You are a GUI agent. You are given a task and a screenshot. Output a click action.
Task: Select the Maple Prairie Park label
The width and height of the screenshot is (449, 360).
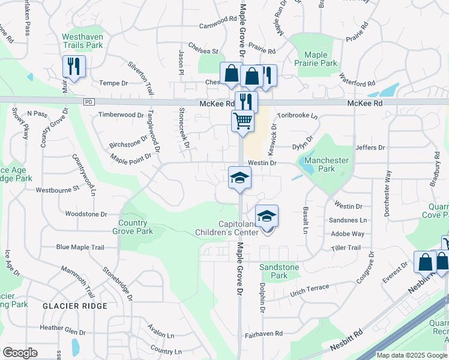[316, 59]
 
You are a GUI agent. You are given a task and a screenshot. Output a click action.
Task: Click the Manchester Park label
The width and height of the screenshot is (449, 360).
[327, 164]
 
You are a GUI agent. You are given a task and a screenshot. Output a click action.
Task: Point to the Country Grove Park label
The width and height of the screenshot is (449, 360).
[133, 227]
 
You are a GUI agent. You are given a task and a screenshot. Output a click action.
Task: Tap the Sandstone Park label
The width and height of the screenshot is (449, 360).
[273, 271]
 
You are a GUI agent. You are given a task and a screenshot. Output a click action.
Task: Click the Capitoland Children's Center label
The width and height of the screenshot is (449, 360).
[229, 228]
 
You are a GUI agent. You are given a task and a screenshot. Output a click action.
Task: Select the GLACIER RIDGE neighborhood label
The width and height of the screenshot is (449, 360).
[75, 306]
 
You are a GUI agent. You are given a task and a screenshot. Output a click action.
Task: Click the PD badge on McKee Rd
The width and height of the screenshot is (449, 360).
[89, 103]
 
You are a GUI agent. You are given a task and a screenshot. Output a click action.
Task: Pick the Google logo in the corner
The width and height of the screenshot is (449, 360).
[20, 353]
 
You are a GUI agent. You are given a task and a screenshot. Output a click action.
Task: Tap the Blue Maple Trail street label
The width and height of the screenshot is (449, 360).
[80, 247]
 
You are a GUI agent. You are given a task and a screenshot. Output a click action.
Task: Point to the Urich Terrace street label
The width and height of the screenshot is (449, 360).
[310, 290]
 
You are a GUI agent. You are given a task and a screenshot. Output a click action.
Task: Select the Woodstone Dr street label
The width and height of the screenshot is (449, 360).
[85, 214]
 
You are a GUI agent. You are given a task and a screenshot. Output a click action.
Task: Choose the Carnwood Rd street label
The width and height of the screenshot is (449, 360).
[218, 19]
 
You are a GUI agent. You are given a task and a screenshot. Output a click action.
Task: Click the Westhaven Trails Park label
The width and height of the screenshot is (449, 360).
[82, 41]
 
